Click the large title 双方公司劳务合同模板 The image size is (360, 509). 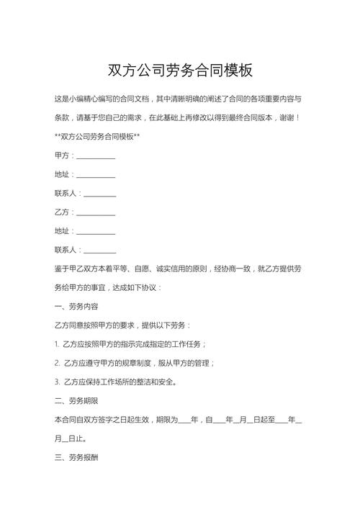(180, 71)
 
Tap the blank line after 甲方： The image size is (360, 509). (96, 156)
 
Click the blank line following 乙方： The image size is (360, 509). (96, 213)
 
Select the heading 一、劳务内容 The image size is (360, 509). (78, 306)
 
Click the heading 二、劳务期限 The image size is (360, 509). (78, 400)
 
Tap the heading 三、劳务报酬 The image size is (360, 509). (78, 456)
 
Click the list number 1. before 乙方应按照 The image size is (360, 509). (57, 343)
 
